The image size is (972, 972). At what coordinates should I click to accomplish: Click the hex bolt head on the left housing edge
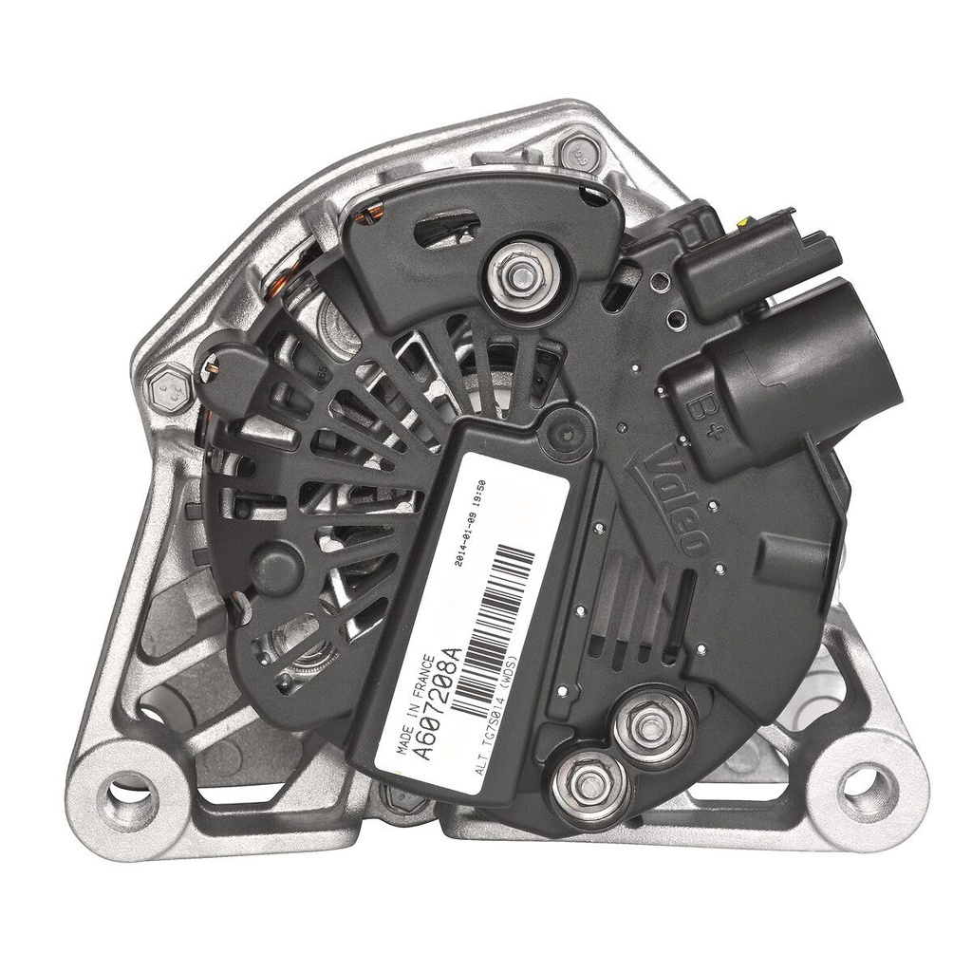(169, 389)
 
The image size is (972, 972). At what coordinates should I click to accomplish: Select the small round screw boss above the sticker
(565, 435)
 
